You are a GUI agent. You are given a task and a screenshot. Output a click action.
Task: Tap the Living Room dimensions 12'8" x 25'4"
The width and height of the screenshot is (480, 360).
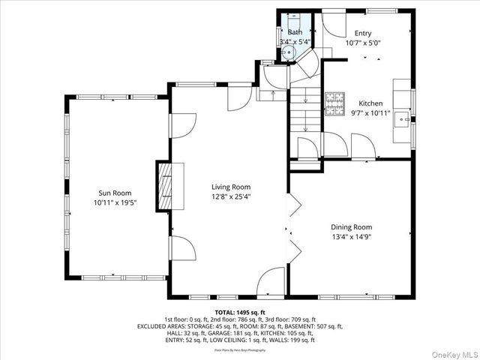coord(230,197)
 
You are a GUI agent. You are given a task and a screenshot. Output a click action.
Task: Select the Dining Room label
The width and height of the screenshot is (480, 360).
coord(352,226)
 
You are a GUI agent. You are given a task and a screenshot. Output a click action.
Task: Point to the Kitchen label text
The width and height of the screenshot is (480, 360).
coord(370,103)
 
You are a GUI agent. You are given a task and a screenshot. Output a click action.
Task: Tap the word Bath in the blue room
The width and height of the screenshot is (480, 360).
coord(295,32)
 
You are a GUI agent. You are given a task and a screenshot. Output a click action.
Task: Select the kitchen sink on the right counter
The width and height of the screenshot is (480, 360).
coord(403,120)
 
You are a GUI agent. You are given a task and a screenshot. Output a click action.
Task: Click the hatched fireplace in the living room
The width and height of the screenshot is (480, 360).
coord(164,186)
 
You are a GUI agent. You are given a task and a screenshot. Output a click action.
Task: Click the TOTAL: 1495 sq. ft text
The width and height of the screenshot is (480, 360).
coord(240,312)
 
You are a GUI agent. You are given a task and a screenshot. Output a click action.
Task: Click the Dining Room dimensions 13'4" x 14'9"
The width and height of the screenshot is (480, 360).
coord(352,237)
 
